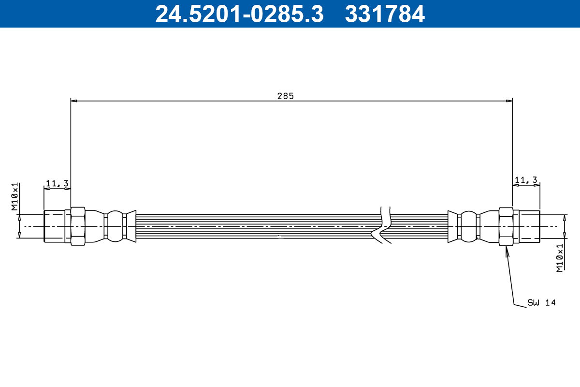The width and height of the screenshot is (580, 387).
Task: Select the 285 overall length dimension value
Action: pyautogui.click(x=285, y=96)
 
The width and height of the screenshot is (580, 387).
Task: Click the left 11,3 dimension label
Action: pyautogui.click(x=57, y=183)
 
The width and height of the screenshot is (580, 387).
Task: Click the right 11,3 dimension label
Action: pyautogui.click(x=526, y=180)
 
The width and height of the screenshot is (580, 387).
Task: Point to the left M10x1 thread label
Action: pyautogui.click(x=15, y=197)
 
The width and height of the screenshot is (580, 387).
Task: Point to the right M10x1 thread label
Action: pyautogui.click(x=560, y=258)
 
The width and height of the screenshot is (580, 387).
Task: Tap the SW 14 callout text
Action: pyautogui.click(x=541, y=303)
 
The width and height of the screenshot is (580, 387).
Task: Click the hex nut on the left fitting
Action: pyautogui.click(x=78, y=226)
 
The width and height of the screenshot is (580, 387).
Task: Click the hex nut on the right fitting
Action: pyautogui.click(x=506, y=226)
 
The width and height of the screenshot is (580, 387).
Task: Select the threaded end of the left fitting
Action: pyautogui.click(x=54, y=226)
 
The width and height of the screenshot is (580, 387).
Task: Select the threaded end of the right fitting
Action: pyautogui.click(x=529, y=226)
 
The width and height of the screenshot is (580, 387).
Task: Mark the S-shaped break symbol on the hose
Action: pyautogui.click(x=382, y=225)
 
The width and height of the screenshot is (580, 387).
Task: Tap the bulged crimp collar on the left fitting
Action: pyautogui.click(x=115, y=226)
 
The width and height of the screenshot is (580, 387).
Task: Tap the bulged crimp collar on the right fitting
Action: pyautogui.click(x=468, y=226)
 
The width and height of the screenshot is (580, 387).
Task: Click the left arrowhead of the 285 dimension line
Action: pyautogui.click(x=73, y=101)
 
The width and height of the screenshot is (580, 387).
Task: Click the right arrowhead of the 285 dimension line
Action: pyautogui.click(x=509, y=101)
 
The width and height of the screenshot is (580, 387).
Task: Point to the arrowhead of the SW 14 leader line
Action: pyautogui.click(x=507, y=250)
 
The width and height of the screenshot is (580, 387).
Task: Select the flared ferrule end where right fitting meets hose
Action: pyautogui.click(x=452, y=226)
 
